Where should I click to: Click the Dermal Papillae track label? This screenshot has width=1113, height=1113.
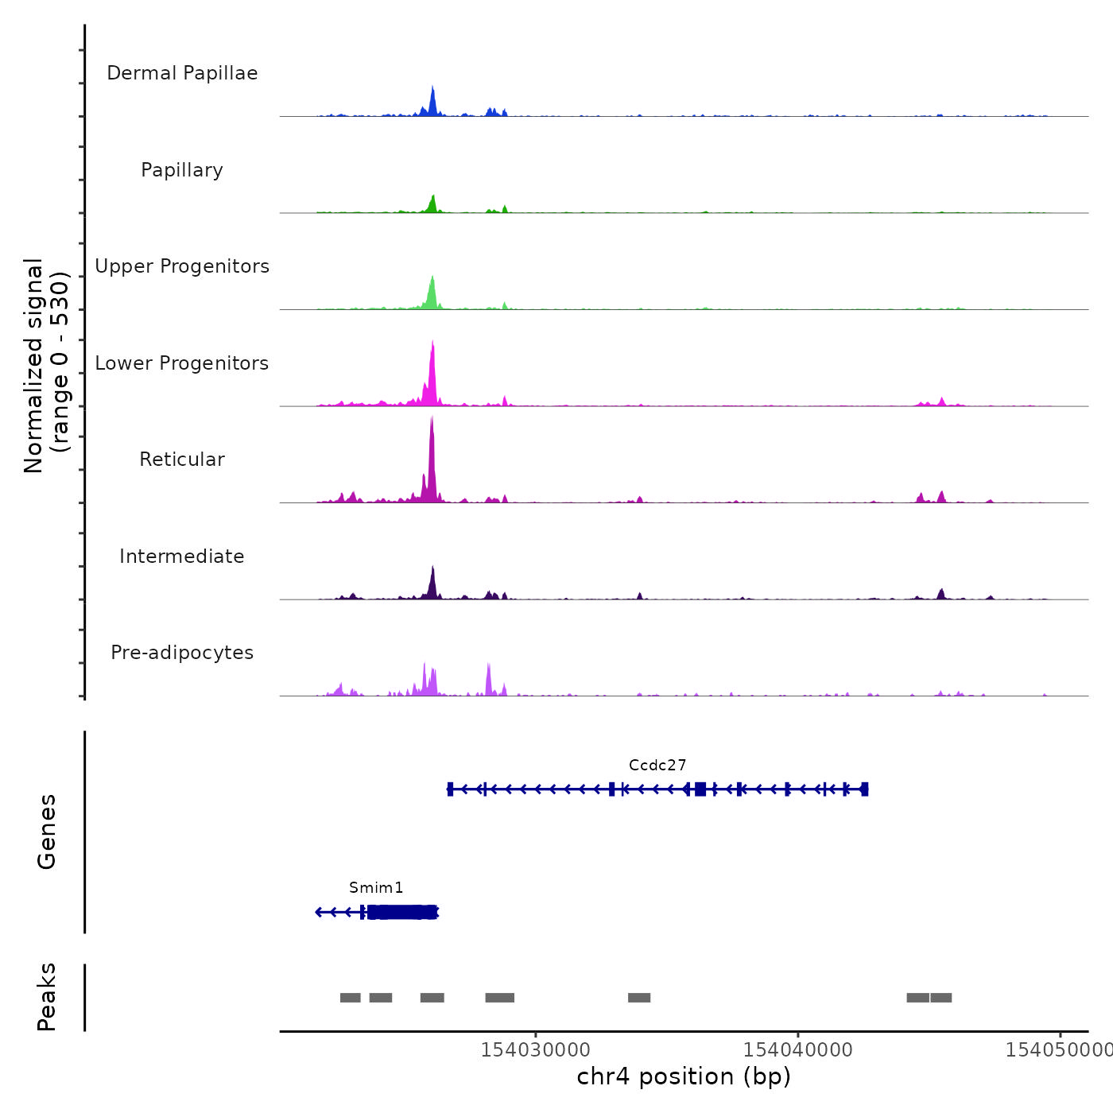pyautogui.click(x=182, y=73)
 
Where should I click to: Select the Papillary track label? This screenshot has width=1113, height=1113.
pyautogui.click(x=182, y=170)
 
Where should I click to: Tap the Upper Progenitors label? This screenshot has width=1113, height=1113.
pyautogui.click(x=182, y=266)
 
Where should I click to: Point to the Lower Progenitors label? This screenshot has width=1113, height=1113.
pyautogui.click(x=182, y=363)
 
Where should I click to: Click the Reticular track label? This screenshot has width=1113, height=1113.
pyautogui.click(x=182, y=460)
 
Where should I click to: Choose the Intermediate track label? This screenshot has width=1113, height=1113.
pyautogui.click(x=182, y=556)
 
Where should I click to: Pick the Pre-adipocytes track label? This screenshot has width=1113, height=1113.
pyautogui.click(x=182, y=653)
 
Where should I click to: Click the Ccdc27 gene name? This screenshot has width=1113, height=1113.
pyautogui.click(x=657, y=766)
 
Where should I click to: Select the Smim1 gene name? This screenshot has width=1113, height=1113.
pyautogui.click(x=376, y=888)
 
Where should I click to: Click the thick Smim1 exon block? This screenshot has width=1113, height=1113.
pyautogui.click(x=402, y=912)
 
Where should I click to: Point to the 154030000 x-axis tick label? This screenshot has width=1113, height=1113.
pyautogui.click(x=535, y=1050)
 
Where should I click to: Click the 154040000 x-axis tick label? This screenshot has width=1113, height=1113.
pyautogui.click(x=797, y=1050)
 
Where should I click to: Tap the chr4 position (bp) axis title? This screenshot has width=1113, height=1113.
pyautogui.click(x=684, y=1076)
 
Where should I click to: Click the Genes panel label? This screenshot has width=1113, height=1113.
pyautogui.click(x=47, y=832)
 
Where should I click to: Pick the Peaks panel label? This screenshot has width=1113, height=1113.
pyautogui.click(x=47, y=997)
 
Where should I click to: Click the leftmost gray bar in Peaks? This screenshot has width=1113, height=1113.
pyautogui.click(x=350, y=998)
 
